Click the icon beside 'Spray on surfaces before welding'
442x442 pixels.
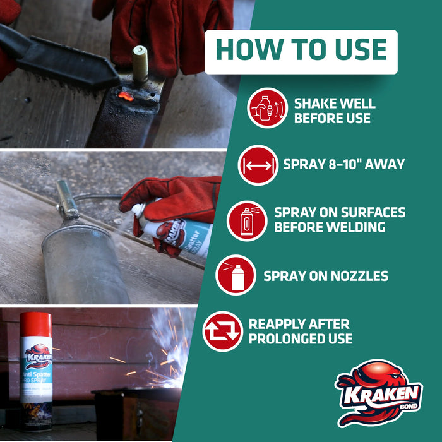[247, 221]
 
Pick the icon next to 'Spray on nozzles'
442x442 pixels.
[236, 275]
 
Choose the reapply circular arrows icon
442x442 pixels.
[222, 331]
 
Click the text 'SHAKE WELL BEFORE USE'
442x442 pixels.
[334, 110]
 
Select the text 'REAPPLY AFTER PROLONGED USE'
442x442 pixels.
[300, 331]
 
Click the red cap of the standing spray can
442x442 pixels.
[35, 324]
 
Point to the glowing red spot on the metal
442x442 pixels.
[126, 97]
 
